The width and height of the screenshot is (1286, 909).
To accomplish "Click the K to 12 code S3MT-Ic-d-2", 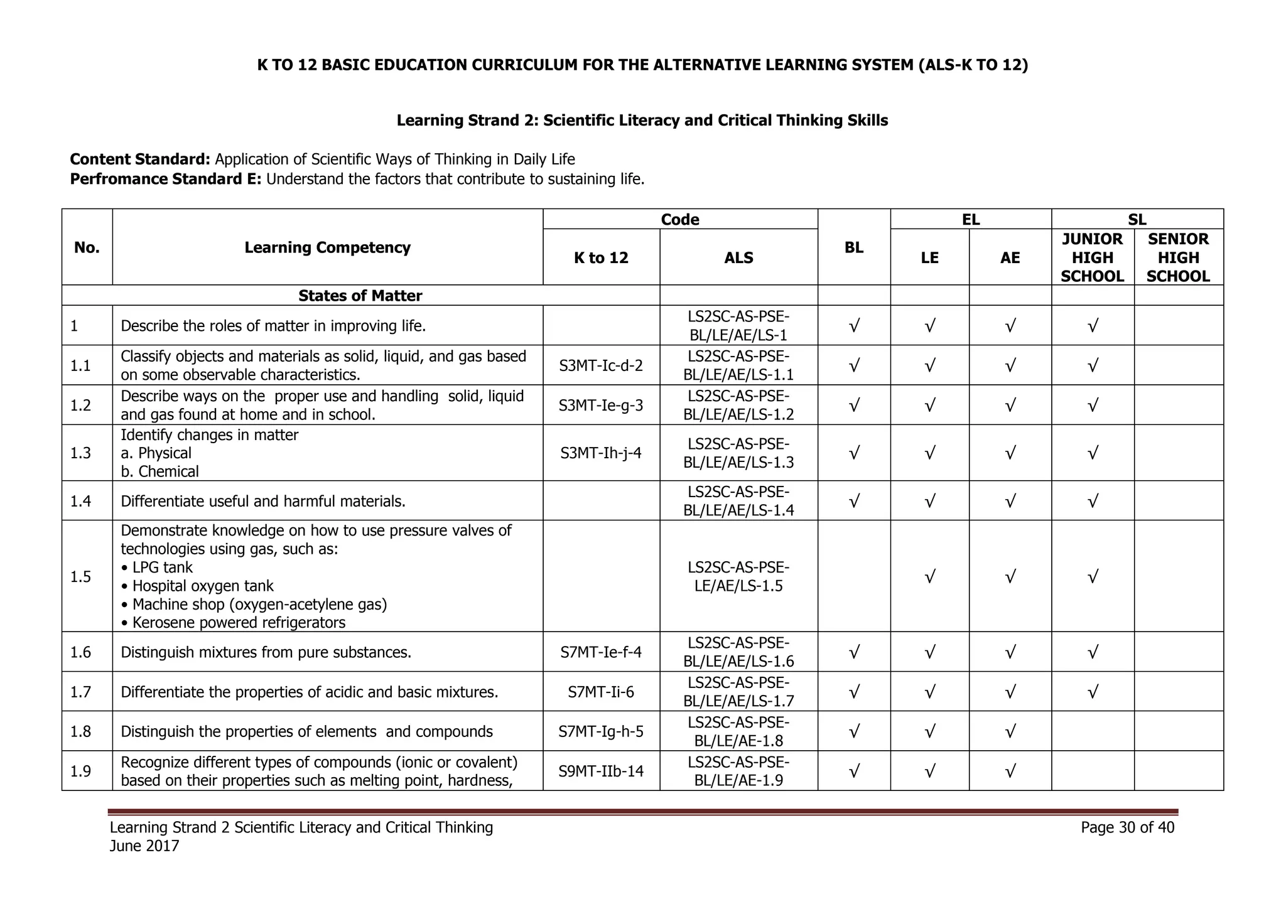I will (601, 365).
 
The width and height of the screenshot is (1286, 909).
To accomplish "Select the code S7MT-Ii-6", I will (601, 692).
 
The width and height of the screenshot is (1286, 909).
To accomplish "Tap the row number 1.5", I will (81, 576).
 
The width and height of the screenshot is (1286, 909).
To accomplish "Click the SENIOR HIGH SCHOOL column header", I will (1178, 257).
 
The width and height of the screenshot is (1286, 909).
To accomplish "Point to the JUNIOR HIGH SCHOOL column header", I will (1092, 257).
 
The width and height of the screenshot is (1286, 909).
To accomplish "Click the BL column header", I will (853, 247).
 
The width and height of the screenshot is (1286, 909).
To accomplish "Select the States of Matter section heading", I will (360, 296).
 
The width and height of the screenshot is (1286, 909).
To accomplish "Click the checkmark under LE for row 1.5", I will (929, 576).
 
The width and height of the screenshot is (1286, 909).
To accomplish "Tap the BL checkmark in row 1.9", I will (853, 771).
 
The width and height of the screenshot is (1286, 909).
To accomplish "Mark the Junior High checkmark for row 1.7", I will (1092, 692).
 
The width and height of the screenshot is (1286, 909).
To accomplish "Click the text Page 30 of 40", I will (1127, 827).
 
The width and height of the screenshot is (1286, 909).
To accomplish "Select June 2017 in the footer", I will (144, 846).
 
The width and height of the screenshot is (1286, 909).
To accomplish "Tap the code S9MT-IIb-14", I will (601, 771).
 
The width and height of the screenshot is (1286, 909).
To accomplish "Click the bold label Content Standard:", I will (140, 159).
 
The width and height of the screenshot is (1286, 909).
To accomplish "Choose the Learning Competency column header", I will (327, 247).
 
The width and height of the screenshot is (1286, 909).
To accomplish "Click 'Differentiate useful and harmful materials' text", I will (262, 502).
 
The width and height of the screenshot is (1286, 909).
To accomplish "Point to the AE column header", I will (1010, 257).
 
